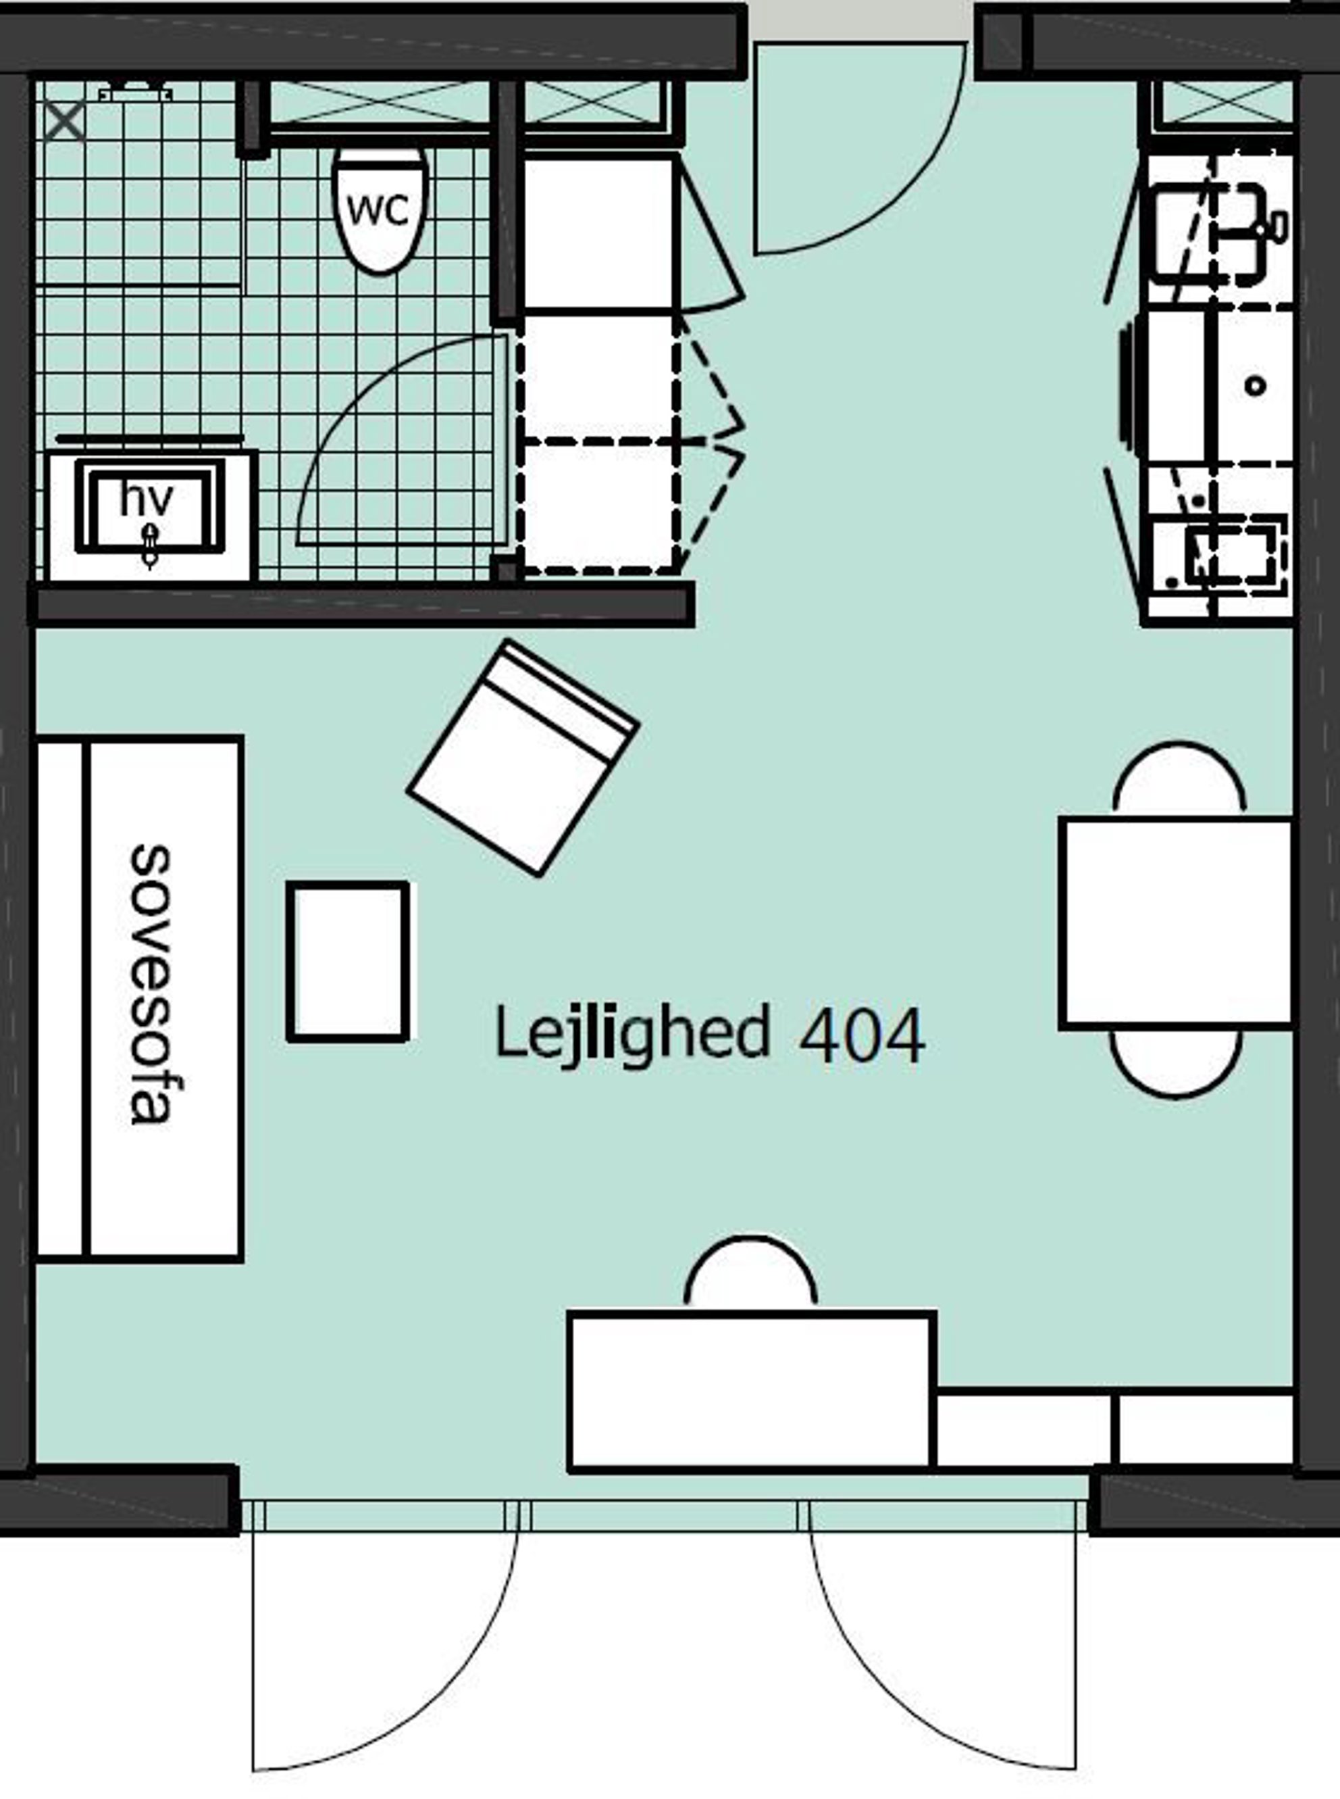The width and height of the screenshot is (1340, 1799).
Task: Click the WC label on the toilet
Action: pyautogui.click(x=378, y=211)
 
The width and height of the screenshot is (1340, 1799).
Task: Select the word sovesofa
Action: pyautogui.click(x=152, y=984)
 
